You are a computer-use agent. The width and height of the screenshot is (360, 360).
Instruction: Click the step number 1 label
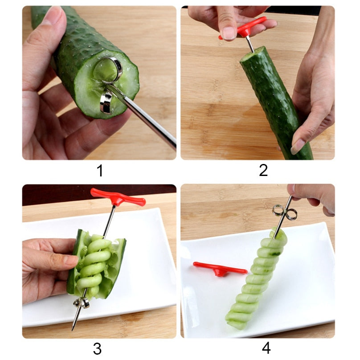click(100, 170)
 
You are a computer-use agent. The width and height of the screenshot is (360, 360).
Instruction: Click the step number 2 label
click(263, 170)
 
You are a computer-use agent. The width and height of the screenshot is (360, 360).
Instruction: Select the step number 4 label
click(266, 348)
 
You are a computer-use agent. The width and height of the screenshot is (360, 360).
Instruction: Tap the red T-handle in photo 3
click(118, 196)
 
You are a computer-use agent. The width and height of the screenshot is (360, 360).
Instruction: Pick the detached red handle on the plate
click(219, 269)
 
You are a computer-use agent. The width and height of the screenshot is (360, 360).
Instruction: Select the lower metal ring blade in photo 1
click(106, 103)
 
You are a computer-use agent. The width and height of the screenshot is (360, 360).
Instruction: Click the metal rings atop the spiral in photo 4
click(285, 213)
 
